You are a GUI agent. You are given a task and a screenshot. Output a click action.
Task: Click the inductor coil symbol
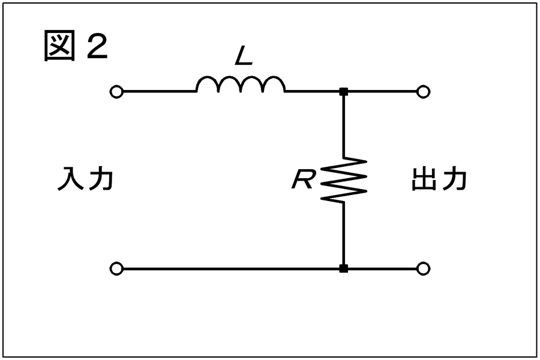[241, 80]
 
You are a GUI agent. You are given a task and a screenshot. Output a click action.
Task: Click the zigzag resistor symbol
[343, 179]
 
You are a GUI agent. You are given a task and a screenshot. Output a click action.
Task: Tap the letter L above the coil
[244, 56]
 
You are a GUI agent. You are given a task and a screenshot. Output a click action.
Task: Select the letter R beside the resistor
[302, 179]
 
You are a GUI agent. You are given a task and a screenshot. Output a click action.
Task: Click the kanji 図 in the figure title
[59, 46]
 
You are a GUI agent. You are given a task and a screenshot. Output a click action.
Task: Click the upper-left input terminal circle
[116, 92]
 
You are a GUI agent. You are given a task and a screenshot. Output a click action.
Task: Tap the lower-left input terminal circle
[116, 269]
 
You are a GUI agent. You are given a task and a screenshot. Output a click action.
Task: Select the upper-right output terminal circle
[423, 92]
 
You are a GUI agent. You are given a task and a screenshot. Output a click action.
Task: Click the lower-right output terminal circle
[423, 269]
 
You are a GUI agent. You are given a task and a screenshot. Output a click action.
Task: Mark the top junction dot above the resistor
[343, 92]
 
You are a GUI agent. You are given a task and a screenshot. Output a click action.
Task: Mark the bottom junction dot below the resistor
[343, 269]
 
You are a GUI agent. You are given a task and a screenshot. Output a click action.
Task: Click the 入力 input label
[85, 179]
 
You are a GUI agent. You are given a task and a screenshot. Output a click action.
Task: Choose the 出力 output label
[439, 179]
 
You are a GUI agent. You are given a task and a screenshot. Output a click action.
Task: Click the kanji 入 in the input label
[70, 179]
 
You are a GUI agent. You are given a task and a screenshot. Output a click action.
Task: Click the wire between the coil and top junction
[313, 92]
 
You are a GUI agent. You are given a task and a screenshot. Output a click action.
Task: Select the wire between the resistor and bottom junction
[343, 233]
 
